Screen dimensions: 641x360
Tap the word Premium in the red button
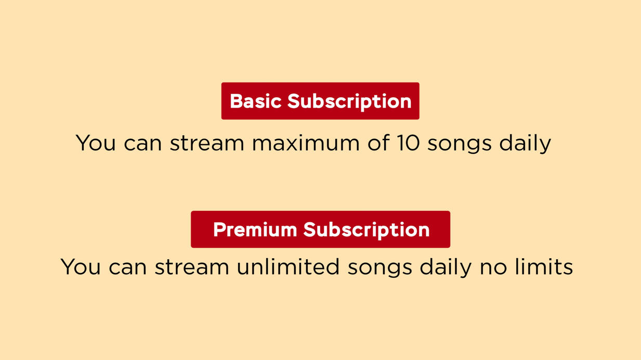tap(255, 230)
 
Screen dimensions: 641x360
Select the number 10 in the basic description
tap(408, 143)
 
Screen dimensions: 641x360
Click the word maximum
tap(306, 143)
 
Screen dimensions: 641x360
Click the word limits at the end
tap(544, 266)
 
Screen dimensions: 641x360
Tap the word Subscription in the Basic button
tap(349, 102)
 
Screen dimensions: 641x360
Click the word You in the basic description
tap(96, 143)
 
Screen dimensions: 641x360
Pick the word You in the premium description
tap(81, 266)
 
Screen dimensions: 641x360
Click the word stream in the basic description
tap(207, 143)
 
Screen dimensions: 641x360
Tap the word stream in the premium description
tap(192, 266)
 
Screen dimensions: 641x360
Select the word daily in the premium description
tap(446, 268)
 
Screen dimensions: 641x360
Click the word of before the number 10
tap(378, 142)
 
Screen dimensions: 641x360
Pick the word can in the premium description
tap(128, 268)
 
